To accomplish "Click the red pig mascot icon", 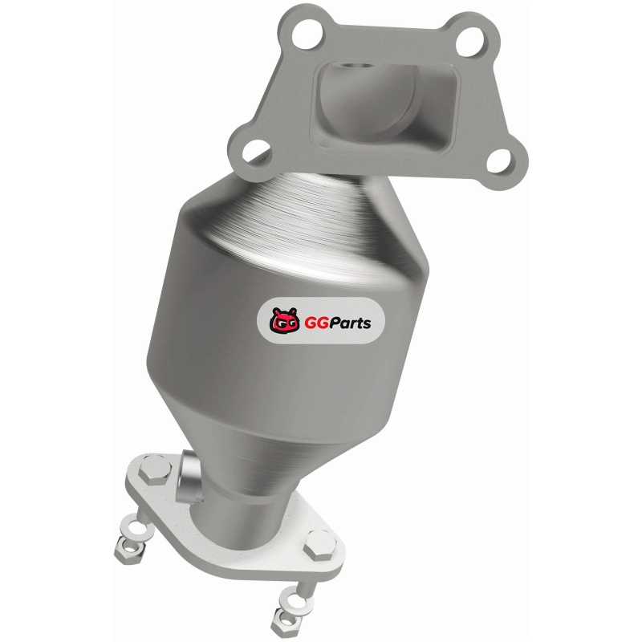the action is [x=284, y=320].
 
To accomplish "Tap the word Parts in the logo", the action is [x=349, y=323].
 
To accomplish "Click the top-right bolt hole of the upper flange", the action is [x=472, y=42].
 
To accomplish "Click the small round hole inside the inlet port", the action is [x=356, y=66].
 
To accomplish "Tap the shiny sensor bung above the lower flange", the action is [x=191, y=477].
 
